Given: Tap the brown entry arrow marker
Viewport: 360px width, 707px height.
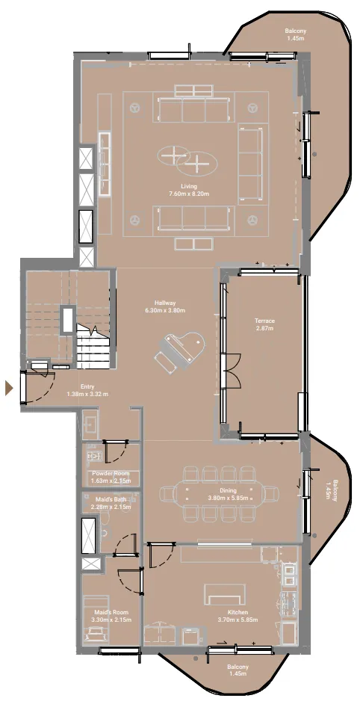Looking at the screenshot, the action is pyautogui.click(x=9, y=388).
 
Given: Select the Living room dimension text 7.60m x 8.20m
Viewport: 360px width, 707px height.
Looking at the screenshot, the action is pyautogui.click(x=189, y=194).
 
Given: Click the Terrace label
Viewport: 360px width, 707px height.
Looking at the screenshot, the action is pyautogui.click(x=264, y=321).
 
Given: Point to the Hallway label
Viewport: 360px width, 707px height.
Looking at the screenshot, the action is pyautogui.click(x=165, y=303).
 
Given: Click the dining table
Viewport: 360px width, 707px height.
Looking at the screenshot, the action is pyautogui.click(x=218, y=493).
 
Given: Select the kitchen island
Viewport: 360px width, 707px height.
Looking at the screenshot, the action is pyautogui.click(x=225, y=594).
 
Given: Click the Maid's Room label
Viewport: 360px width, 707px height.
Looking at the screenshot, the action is pyautogui.click(x=111, y=612).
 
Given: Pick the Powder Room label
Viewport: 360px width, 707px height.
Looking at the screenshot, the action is pyautogui.click(x=111, y=473).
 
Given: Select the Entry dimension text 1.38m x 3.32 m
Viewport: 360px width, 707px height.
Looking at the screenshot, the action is pyautogui.click(x=87, y=394).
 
